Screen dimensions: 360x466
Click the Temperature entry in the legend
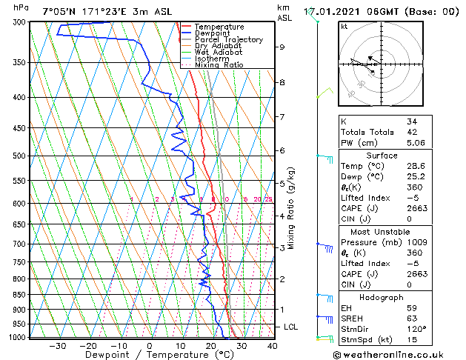[x=219, y=27]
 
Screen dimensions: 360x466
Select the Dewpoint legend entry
[x=214, y=33]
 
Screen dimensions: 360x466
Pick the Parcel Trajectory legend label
[x=229, y=40]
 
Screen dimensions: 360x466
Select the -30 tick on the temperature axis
[x=58, y=345]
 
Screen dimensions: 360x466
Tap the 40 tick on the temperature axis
[x=272, y=345]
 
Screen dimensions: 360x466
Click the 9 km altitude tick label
[x=282, y=47]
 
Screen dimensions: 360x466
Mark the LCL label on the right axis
[x=291, y=327]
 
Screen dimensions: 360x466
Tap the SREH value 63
[x=412, y=319]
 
